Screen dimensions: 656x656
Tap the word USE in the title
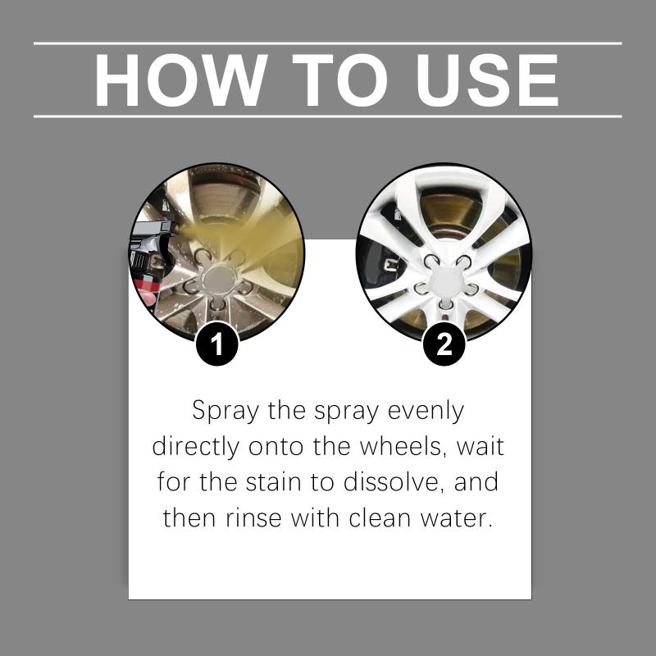point(487,80)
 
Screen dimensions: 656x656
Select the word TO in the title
point(340,80)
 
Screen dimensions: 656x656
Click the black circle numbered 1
point(217,344)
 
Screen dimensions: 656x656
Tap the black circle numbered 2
point(444,344)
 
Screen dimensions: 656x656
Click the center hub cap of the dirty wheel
point(218,279)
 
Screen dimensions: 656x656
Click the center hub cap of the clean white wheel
point(446,281)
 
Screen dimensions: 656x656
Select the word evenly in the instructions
point(426,412)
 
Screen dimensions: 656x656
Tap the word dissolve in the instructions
point(394,482)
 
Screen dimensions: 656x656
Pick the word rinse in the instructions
point(254,519)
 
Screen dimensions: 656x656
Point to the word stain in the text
point(273,482)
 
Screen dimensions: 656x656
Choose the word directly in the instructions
point(196,448)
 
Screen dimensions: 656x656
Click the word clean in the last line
point(380,518)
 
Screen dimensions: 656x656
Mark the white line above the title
point(327,43)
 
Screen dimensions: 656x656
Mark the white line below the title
point(327,116)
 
